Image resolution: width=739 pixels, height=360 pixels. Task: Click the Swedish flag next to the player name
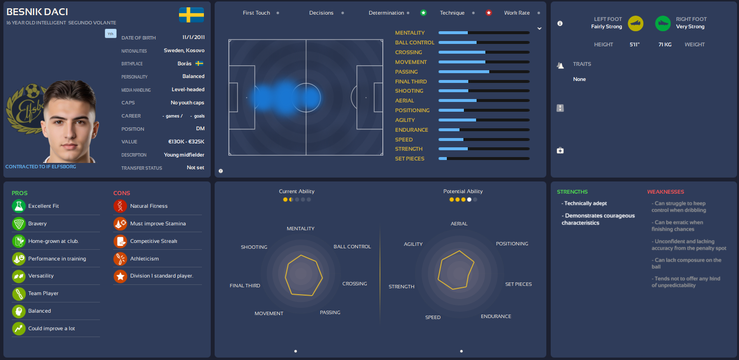[x=191, y=15]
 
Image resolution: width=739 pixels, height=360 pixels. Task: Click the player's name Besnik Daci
[x=37, y=12]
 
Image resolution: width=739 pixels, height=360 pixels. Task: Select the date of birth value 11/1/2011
[x=194, y=37]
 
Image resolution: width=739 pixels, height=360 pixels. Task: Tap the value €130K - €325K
[x=186, y=141]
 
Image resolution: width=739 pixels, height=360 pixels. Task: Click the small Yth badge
[x=110, y=34]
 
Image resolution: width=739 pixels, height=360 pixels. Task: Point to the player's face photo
[x=71, y=122]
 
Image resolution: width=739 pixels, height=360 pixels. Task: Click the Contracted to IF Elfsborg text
[x=40, y=167]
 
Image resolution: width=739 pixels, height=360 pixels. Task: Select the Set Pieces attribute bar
[x=484, y=159]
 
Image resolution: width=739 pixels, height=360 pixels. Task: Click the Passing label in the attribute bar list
[x=406, y=72]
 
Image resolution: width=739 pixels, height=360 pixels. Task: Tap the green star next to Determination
[x=423, y=13]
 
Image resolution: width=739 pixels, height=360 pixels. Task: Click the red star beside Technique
[x=489, y=13]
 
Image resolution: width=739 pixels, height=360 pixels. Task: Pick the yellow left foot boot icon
[x=636, y=23]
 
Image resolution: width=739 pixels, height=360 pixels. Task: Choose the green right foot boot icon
[x=662, y=23]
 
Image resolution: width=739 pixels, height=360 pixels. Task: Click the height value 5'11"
[x=634, y=44]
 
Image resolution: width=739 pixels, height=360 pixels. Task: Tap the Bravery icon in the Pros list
[x=19, y=223]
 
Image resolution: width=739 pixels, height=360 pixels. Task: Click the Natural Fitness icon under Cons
[x=120, y=206]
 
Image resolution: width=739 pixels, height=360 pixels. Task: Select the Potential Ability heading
[x=463, y=191]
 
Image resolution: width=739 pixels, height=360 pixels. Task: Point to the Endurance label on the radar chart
[x=496, y=316]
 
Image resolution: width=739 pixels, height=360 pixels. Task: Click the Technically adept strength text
[x=585, y=203]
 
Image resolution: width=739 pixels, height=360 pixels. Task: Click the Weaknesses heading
[x=665, y=192]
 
